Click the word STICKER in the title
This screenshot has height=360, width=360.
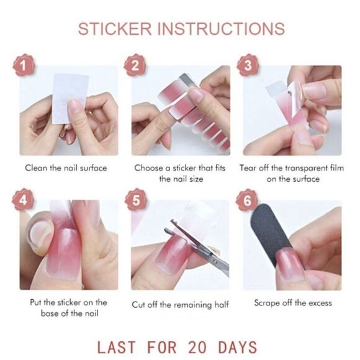click(115, 29)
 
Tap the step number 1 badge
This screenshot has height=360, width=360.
click(24, 65)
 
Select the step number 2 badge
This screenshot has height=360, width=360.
click(135, 65)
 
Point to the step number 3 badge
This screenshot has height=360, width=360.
click(248, 65)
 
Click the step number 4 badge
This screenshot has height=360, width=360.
click(23, 200)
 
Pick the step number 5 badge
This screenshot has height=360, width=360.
click(136, 200)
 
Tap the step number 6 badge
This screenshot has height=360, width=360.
click(247, 200)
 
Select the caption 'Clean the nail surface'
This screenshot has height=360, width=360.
click(66, 168)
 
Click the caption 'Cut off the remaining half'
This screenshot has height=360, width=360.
click(181, 305)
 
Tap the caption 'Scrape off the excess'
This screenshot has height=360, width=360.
click(293, 303)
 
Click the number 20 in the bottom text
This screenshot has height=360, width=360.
click(197, 347)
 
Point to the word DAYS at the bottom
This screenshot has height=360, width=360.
click(238, 347)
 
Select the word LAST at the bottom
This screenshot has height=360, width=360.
click(117, 347)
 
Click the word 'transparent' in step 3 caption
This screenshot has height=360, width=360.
click(306, 168)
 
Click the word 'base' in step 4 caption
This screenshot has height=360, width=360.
click(50, 313)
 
